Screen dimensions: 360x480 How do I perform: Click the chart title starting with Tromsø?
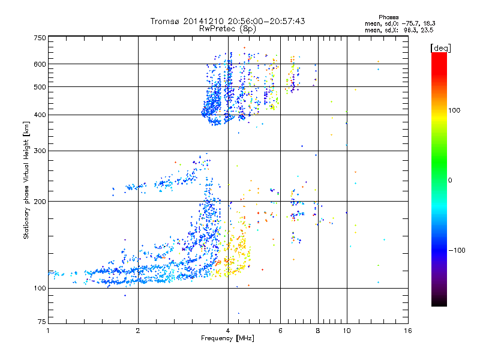tap(227, 21)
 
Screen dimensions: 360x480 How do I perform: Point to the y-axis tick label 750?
tap(40, 38)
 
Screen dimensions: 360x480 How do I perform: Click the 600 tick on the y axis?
tap(40, 64)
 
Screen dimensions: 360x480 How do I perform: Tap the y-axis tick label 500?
tap(40, 87)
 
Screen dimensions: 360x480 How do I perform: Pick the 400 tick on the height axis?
tap(40, 115)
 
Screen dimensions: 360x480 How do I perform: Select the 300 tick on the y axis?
tap(40, 151)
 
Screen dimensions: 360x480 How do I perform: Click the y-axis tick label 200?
tap(40, 202)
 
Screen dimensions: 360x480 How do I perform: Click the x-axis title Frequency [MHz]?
tap(227, 338)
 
